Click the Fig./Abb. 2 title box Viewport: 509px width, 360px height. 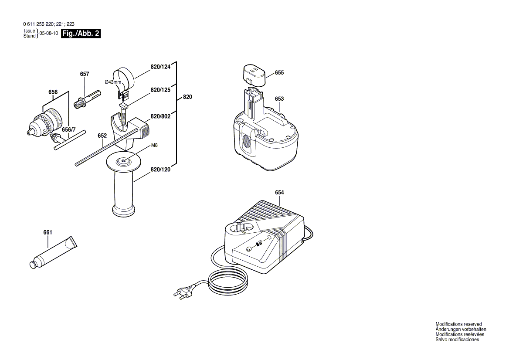[81, 34]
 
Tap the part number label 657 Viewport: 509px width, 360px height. [85, 74]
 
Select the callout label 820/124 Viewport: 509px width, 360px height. [160, 67]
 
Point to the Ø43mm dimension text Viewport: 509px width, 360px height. [113, 82]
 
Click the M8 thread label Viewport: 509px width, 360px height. [155, 146]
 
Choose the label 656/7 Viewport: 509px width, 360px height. [68, 130]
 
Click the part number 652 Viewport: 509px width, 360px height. [102, 136]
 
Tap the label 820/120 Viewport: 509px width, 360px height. [160, 170]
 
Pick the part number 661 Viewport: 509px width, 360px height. [48, 232]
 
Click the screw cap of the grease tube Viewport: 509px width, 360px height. [33, 265]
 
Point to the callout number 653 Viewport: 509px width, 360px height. [279, 99]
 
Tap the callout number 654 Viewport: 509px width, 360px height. [279, 192]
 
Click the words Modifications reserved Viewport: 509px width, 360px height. [458, 324]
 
